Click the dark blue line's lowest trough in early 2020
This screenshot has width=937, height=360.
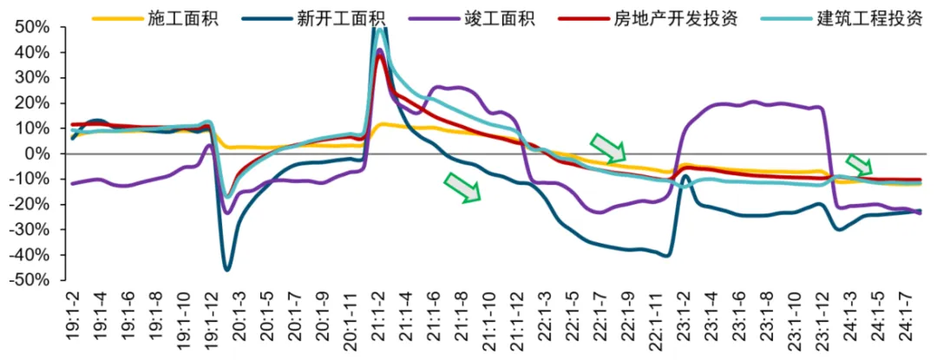click(227, 270)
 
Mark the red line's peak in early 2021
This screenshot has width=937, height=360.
click(380, 56)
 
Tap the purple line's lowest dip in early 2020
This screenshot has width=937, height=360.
click(227, 213)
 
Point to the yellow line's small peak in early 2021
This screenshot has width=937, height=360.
click(383, 124)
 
